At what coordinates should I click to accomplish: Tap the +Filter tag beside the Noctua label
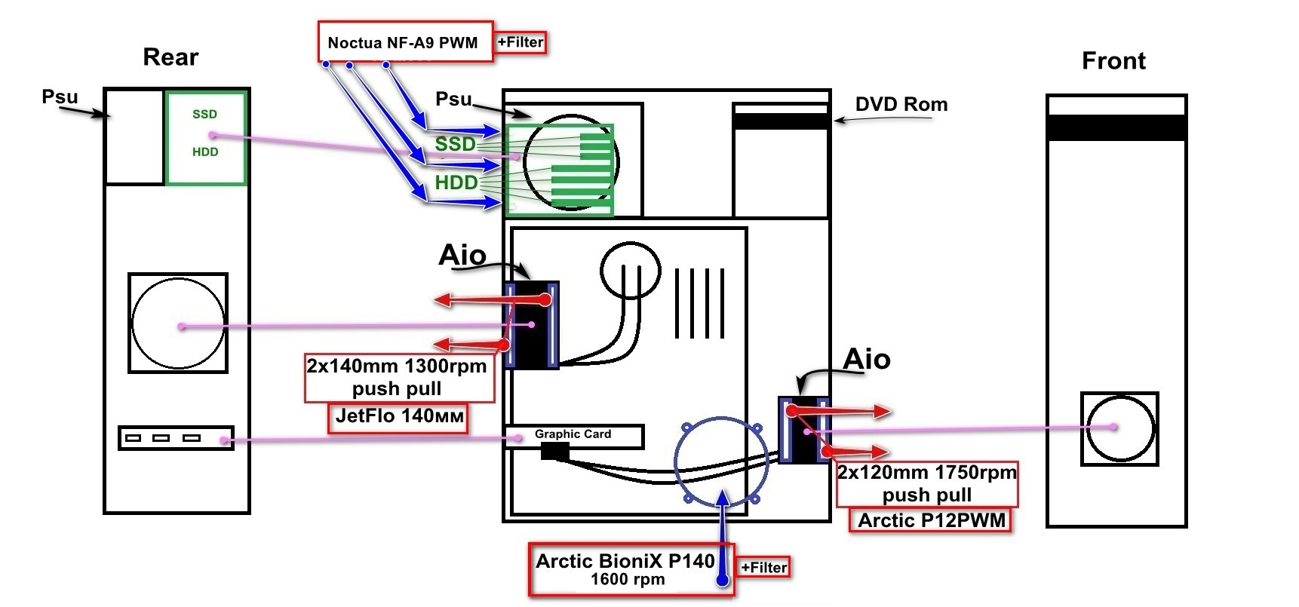point(521,42)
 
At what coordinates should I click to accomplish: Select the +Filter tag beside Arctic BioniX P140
point(764,568)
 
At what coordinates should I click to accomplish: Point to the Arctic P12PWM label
point(931,520)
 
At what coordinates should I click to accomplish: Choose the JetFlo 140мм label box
point(398,416)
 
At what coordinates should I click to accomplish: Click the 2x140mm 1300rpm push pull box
point(398,377)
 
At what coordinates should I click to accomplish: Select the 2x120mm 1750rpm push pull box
point(927,483)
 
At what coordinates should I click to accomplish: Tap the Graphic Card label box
point(574,435)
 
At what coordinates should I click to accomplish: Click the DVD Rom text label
point(901,104)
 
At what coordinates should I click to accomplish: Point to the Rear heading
point(170,57)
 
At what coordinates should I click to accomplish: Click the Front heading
point(1113,61)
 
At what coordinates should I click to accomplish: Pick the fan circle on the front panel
point(1120,428)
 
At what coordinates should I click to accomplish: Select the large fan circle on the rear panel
point(178,323)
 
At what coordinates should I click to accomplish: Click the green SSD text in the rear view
point(204,114)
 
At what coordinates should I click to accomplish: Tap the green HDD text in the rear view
point(205,152)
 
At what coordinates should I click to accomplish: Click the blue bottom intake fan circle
point(721,461)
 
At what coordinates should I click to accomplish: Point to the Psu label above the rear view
point(60,97)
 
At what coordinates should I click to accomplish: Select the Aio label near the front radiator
point(866,359)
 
